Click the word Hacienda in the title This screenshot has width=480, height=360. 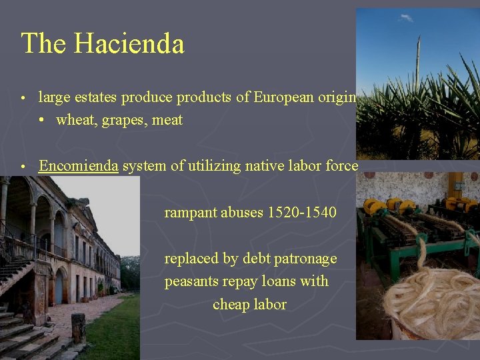pos(129,44)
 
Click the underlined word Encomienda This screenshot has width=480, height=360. pos(78,165)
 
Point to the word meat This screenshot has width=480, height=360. pos(167,121)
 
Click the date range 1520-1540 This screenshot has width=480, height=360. pos(301,213)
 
